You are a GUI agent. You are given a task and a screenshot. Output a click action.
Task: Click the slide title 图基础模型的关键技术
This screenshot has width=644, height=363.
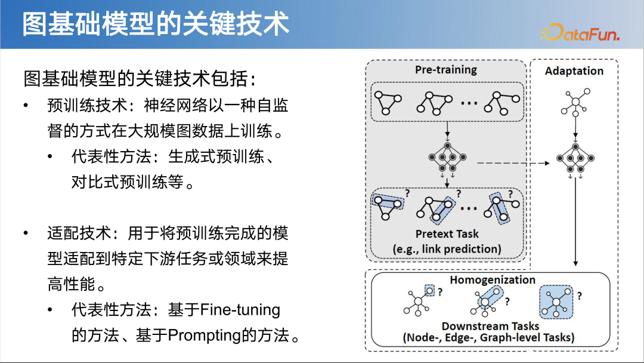(156, 24)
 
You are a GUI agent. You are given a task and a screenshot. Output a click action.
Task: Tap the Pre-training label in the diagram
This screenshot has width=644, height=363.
(446, 70)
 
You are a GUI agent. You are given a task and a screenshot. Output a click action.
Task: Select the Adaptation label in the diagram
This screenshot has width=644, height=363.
(574, 71)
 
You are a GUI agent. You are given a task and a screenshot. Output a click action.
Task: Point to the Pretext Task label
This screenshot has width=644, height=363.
(447, 234)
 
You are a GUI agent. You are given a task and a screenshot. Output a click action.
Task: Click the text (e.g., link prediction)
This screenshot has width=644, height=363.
(447, 248)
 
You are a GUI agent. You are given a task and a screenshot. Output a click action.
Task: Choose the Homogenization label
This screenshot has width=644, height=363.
(493, 280)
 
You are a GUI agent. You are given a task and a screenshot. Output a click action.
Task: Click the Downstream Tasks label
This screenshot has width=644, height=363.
(490, 326)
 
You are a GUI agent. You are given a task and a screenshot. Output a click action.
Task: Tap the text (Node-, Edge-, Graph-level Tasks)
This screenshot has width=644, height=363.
(488, 337)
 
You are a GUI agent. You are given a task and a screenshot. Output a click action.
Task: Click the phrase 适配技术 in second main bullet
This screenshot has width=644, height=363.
(71, 233)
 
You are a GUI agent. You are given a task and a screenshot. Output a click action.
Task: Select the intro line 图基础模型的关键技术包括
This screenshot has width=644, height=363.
(140, 78)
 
